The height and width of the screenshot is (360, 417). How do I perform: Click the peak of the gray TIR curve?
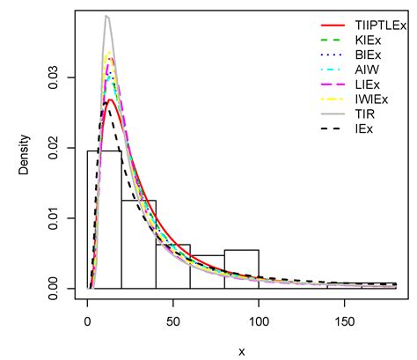[x=106, y=16]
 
